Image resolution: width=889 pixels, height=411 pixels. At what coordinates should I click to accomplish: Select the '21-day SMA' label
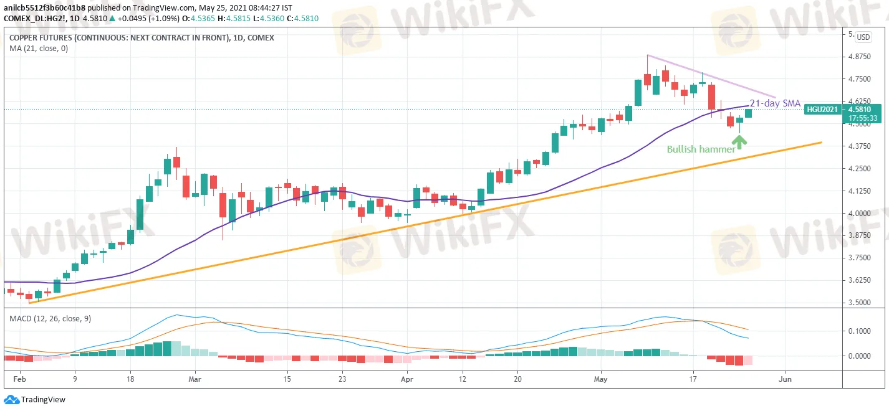pyautogui.click(x=776, y=103)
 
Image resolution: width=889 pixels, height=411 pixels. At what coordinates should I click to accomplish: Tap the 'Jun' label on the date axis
pyautogui.click(x=786, y=378)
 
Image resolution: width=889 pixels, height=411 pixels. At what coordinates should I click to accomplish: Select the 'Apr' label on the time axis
pyautogui.click(x=407, y=378)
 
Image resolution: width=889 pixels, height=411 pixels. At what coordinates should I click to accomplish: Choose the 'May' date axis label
pyautogui.click(x=601, y=378)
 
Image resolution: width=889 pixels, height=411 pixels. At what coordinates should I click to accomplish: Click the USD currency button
pyautogui.click(x=863, y=37)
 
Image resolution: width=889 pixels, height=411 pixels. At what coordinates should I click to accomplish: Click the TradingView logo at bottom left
pyautogui.click(x=35, y=400)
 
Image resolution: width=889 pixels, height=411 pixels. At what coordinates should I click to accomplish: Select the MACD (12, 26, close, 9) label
pyautogui.click(x=50, y=319)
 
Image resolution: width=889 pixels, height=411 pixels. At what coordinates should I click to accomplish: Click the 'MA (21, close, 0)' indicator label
pyautogui.click(x=39, y=48)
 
